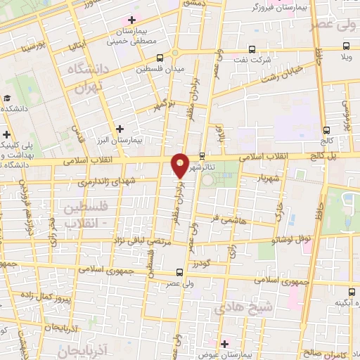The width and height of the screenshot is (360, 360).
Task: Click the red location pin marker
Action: [181, 164]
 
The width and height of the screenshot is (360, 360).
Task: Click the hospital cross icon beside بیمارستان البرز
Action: [120, 129]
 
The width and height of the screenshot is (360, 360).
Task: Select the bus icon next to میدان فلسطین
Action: [160, 58]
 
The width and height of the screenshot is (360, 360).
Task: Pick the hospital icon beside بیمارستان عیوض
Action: [224, 343]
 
